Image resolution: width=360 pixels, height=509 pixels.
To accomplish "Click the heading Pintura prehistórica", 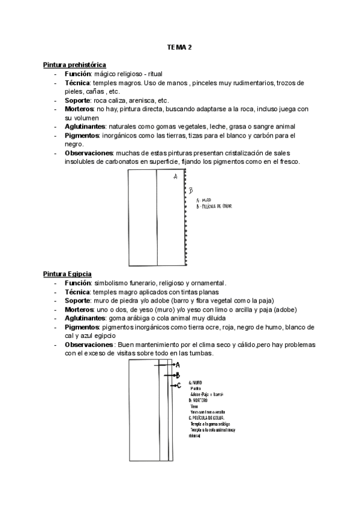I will tap(75, 64).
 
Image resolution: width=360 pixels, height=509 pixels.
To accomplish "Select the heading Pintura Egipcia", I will tap(67, 274).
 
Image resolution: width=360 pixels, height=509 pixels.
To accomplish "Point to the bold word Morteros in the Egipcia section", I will tap(80, 310).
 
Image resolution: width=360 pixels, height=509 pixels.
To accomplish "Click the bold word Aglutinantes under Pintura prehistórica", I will tap(85, 127).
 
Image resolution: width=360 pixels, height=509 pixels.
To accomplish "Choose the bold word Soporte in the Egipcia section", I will tap(77, 301).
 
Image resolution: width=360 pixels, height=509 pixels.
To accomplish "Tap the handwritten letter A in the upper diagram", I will tap(175, 176).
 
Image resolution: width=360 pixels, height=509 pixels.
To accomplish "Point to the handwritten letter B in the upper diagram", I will tap(190, 191).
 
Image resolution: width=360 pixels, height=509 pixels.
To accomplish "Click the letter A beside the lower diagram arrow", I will tap(178, 364).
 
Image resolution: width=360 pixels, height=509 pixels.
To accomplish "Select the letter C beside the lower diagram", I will tap(178, 385).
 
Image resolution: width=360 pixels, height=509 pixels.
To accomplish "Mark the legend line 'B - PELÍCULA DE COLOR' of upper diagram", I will tap(214, 206).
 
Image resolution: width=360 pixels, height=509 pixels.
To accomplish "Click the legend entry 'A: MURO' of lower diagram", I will tap(196, 382).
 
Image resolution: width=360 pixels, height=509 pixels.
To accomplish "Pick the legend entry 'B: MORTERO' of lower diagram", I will tap(199, 400).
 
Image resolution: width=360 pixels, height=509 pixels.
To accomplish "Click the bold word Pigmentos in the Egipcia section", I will tap(82, 327).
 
